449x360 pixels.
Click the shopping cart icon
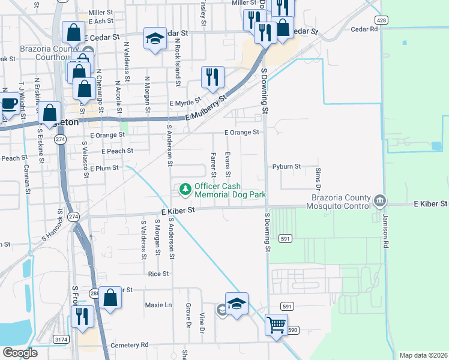(x=276, y=325)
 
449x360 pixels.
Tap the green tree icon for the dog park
(x=185, y=190)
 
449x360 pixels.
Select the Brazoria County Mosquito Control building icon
(x=379, y=199)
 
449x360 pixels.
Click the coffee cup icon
(x=9, y=103)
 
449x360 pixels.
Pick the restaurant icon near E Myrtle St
(x=212, y=76)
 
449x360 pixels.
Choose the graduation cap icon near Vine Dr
(x=237, y=303)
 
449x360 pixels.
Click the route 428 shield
(x=382, y=20)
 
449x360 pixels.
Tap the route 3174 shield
(x=62, y=340)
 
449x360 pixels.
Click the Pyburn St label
(x=286, y=166)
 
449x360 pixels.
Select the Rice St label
(x=158, y=274)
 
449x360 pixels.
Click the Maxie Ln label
(x=158, y=305)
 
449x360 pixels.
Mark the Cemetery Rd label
(x=127, y=345)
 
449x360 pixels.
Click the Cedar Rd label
(x=364, y=29)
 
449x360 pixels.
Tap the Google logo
(x=20, y=353)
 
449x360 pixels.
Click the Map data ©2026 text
(x=423, y=355)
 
